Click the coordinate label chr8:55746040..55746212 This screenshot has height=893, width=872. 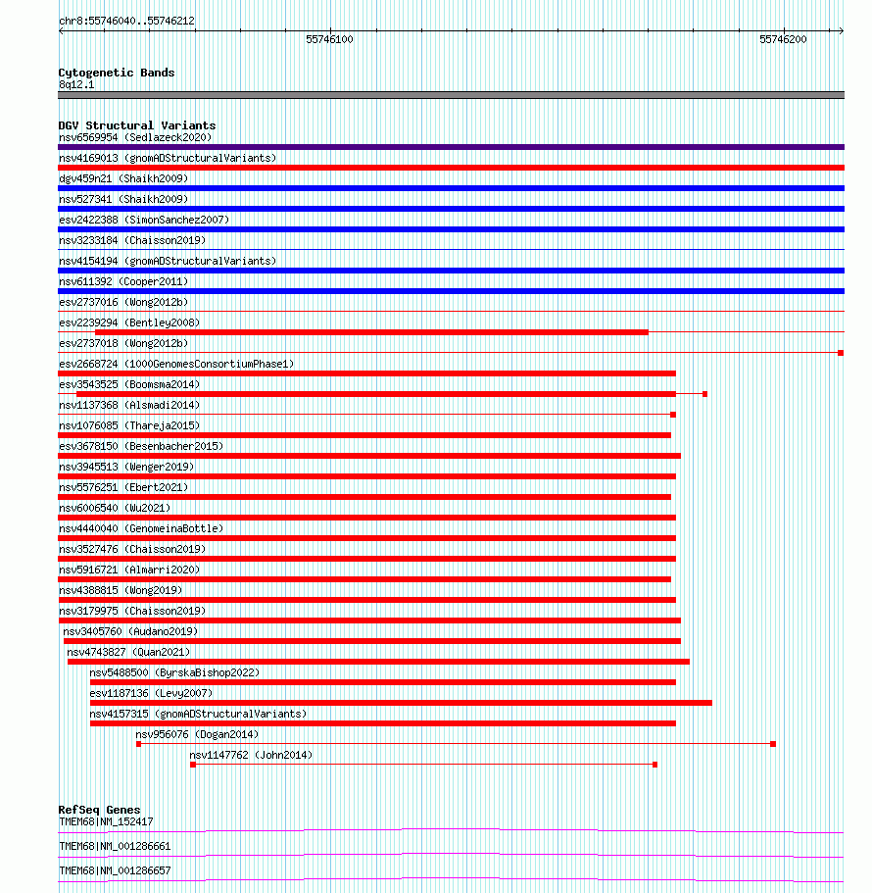click(126, 21)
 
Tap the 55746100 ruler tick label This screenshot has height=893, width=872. click(329, 39)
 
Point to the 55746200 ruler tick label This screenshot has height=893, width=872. click(783, 39)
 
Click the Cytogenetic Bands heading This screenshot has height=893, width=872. click(117, 73)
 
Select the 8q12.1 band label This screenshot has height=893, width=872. click(76, 84)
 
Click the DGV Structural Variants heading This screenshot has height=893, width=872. click(137, 125)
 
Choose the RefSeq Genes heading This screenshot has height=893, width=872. click(99, 810)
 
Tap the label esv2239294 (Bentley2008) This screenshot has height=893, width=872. click(129, 322)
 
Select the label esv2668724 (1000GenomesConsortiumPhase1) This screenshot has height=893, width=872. click(176, 364)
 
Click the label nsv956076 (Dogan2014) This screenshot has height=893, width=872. click(197, 734)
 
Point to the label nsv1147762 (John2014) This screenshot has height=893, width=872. click(252, 755)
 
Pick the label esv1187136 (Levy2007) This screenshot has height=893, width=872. click(151, 693)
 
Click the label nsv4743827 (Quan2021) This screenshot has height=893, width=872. click(128, 652)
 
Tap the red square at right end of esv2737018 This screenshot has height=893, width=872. click(841, 353)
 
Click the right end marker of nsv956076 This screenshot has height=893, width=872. click(773, 744)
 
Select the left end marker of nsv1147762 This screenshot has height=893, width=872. click(193, 765)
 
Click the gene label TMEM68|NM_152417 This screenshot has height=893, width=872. click(106, 821)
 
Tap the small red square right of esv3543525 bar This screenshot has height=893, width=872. click(704, 394)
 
